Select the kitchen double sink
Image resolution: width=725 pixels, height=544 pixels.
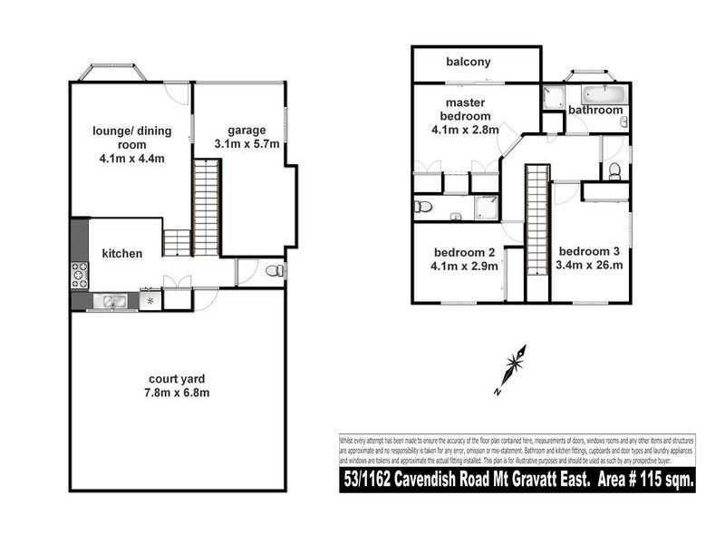tap(113, 301)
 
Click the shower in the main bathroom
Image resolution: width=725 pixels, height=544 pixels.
tap(552, 97)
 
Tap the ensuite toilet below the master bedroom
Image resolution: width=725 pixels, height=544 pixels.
tap(422, 207)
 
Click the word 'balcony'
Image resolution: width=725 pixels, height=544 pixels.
tap(469, 63)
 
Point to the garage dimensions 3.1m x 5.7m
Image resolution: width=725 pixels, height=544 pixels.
tap(246, 144)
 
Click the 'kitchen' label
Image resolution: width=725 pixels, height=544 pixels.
tap(121, 254)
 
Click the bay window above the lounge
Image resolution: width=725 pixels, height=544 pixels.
tap(114, 72)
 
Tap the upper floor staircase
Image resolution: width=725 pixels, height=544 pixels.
tap(538, 231)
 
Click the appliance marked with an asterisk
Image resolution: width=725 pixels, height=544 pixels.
tap(150, 299)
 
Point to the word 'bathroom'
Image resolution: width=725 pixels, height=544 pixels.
tap(595, 111)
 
